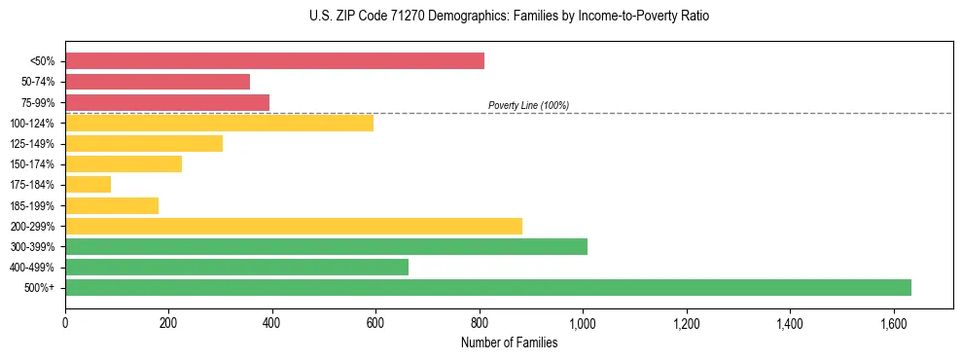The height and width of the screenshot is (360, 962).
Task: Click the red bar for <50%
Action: (x=274, y=61)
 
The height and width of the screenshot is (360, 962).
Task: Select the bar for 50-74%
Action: (x=158, y=82)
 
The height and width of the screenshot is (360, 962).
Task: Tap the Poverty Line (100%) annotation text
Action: (x=528, y=105)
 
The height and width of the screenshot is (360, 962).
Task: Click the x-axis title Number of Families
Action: (x=509, y=342)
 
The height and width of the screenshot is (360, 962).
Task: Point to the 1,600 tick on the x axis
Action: (x=893, y=322)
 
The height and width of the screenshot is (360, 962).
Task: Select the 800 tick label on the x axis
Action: (x=480, y=322)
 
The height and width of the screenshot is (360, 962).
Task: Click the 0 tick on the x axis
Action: (x=65, y=322)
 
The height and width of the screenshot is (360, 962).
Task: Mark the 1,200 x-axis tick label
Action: (x=686, y=322)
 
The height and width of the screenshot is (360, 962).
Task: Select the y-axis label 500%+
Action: (x=39, y=288)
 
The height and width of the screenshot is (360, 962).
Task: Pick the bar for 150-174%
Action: (x=124, y=163)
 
